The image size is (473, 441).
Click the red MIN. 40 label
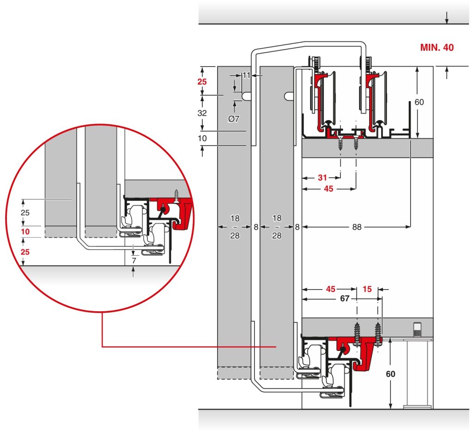point(437,48)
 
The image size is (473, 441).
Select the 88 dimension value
point(357,227)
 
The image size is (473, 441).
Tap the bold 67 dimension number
point(345,298)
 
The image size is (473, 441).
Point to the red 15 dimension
point(367,289)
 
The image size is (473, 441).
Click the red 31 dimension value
point(322,177)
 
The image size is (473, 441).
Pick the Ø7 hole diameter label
point(233,119)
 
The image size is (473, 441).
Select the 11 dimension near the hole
point(246,75)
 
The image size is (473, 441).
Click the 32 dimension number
point(202,113)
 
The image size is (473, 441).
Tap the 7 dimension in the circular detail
point(134,260)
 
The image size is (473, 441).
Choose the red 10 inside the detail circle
point(25,232)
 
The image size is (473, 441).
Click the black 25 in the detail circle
point(25,213)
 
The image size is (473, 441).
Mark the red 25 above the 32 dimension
point(202,81)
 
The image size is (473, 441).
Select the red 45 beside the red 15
point(331,289)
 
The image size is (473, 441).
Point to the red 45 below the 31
point(328,189)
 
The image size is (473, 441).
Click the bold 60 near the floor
point(390,374)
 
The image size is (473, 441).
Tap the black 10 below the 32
point(202,139)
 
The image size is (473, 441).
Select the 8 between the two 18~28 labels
point(256,227)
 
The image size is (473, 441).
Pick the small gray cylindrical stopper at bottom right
point(418,329)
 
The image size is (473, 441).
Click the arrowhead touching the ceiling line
point(447,21)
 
